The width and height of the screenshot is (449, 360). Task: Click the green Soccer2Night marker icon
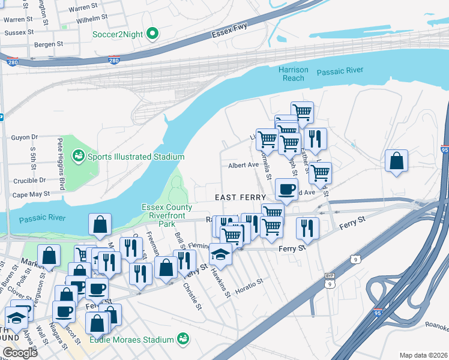(152, 34)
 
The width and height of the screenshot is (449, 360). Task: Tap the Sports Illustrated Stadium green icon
(77, 157)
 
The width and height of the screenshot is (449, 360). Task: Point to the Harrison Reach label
(294, 74)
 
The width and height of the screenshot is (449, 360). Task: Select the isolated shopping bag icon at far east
(397, 161)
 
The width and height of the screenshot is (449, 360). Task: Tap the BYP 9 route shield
(329, 279)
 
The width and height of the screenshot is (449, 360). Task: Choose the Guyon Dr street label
(24, 137)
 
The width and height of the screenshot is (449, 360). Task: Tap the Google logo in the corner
(19, 353)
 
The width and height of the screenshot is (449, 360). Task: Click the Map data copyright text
(423, 355)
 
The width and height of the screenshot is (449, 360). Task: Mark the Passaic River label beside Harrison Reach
(340, 71)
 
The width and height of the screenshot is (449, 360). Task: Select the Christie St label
(192, 294)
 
